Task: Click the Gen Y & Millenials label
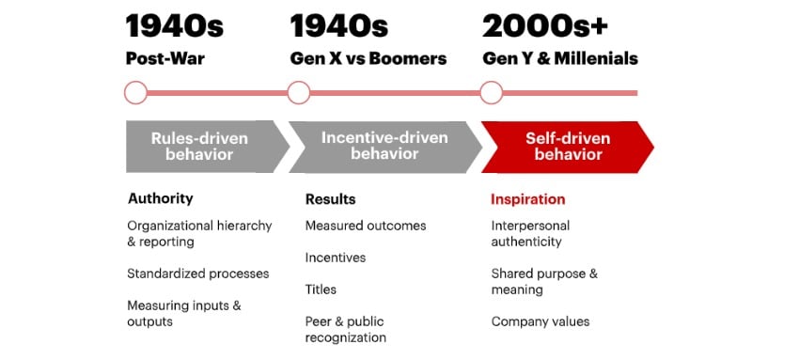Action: point(559,58)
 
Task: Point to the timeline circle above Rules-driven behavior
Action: point(136,92)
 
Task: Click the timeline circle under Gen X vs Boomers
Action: point(299,92)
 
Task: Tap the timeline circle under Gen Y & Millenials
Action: point(491,92)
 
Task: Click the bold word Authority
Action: point(160,199)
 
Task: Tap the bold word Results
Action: point(330,199)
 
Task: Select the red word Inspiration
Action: point(527,199)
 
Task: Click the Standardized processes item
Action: point(197,274)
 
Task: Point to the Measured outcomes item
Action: point(365,226)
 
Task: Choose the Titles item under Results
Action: point(321,290)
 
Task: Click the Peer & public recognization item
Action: point(346,329)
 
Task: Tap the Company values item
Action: point(540,321)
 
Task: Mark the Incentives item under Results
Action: point(335,258)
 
